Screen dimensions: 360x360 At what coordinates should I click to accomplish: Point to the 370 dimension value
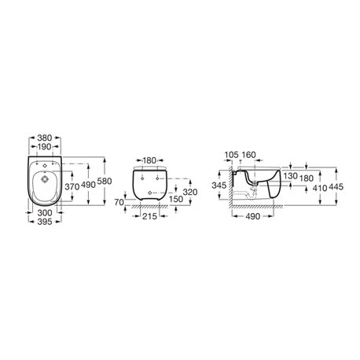[x=73, y=186]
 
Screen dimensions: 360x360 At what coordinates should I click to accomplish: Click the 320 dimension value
[x=190, y=191]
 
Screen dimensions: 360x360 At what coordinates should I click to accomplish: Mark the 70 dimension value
[x=119, y=202]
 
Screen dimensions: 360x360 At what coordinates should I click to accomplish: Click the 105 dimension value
[x=230, y=155]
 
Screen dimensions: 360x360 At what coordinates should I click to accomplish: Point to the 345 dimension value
[x=220, y=186]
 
